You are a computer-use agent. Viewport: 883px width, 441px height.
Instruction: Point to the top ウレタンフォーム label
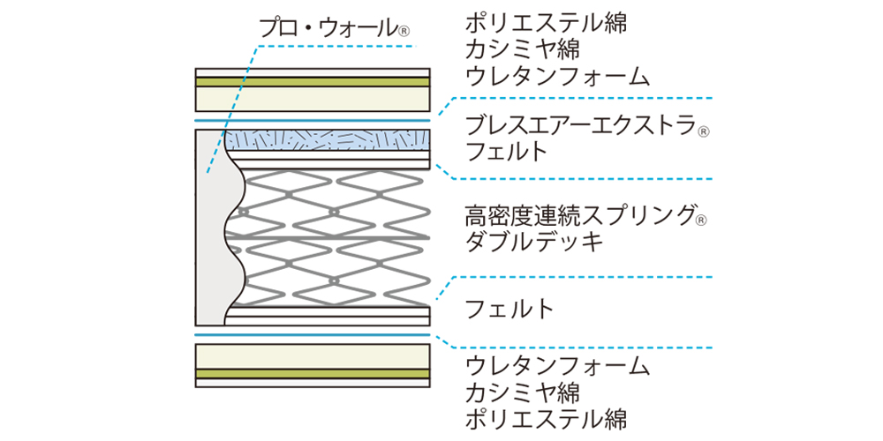558,76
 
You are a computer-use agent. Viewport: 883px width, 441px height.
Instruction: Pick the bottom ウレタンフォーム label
558,364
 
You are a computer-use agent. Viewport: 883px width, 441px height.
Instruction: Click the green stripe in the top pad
313,82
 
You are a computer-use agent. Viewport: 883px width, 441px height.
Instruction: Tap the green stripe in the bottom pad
313,373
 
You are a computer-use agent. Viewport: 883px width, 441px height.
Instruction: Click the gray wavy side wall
212,229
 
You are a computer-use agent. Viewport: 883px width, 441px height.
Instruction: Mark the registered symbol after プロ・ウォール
404,32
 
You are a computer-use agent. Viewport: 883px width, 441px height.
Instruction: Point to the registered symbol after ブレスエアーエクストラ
704,131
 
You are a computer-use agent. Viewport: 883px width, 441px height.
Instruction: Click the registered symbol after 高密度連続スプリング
704,219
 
